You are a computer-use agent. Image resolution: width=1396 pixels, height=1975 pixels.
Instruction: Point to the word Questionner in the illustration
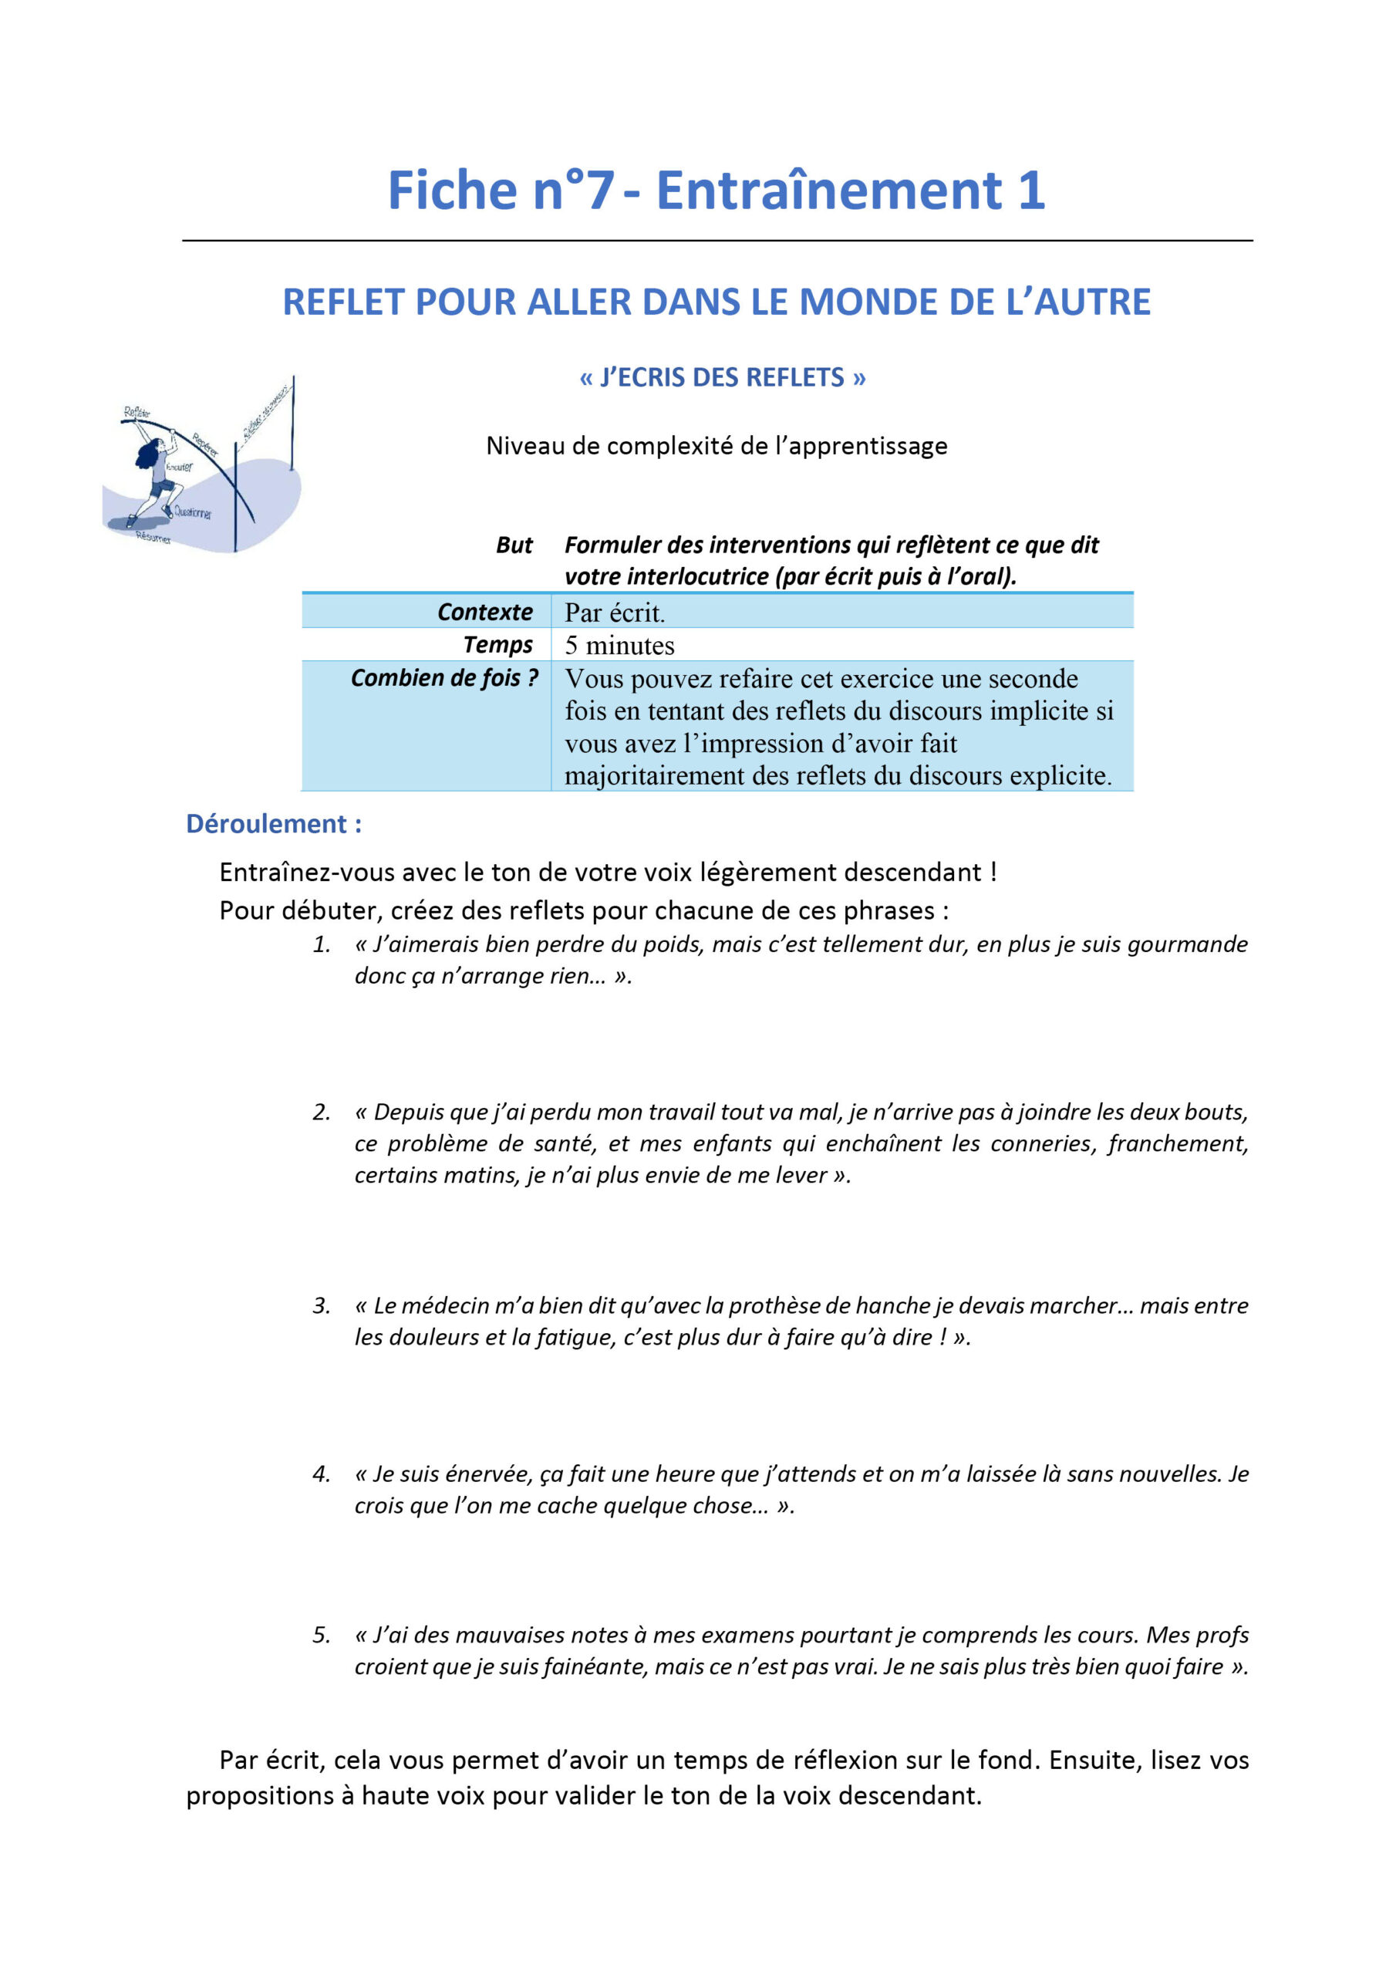[193, 513]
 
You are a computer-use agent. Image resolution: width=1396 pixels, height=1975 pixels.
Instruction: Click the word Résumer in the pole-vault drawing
[153, 538]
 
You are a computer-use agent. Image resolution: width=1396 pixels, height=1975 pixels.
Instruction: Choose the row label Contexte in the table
[484, 612]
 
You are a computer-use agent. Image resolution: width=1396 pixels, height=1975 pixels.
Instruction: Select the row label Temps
[497, 644]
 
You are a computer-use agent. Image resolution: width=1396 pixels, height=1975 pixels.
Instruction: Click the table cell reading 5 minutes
[619, 645]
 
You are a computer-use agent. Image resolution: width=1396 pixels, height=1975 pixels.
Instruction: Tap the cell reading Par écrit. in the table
[614, 613]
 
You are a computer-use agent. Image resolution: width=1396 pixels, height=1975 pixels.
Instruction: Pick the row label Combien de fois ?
[443, 678]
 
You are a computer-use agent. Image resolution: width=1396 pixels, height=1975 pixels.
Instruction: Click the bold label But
[514, 545]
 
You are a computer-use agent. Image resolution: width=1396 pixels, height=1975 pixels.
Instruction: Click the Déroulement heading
[274, 823]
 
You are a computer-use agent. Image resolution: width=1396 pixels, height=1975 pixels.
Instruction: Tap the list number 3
[321, 1306]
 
